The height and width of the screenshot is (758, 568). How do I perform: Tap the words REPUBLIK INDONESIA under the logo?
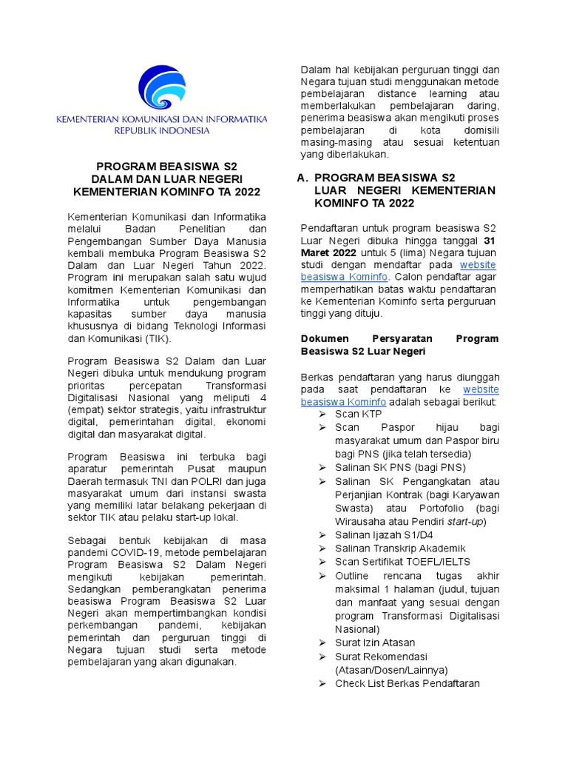(162, 130)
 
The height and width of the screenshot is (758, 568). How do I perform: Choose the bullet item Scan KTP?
(358, 414)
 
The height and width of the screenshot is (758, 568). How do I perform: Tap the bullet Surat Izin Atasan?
(375, 643)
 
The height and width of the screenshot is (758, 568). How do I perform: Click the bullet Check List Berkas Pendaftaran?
(407, 683)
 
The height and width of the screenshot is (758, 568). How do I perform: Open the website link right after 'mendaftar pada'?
(478, 264)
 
